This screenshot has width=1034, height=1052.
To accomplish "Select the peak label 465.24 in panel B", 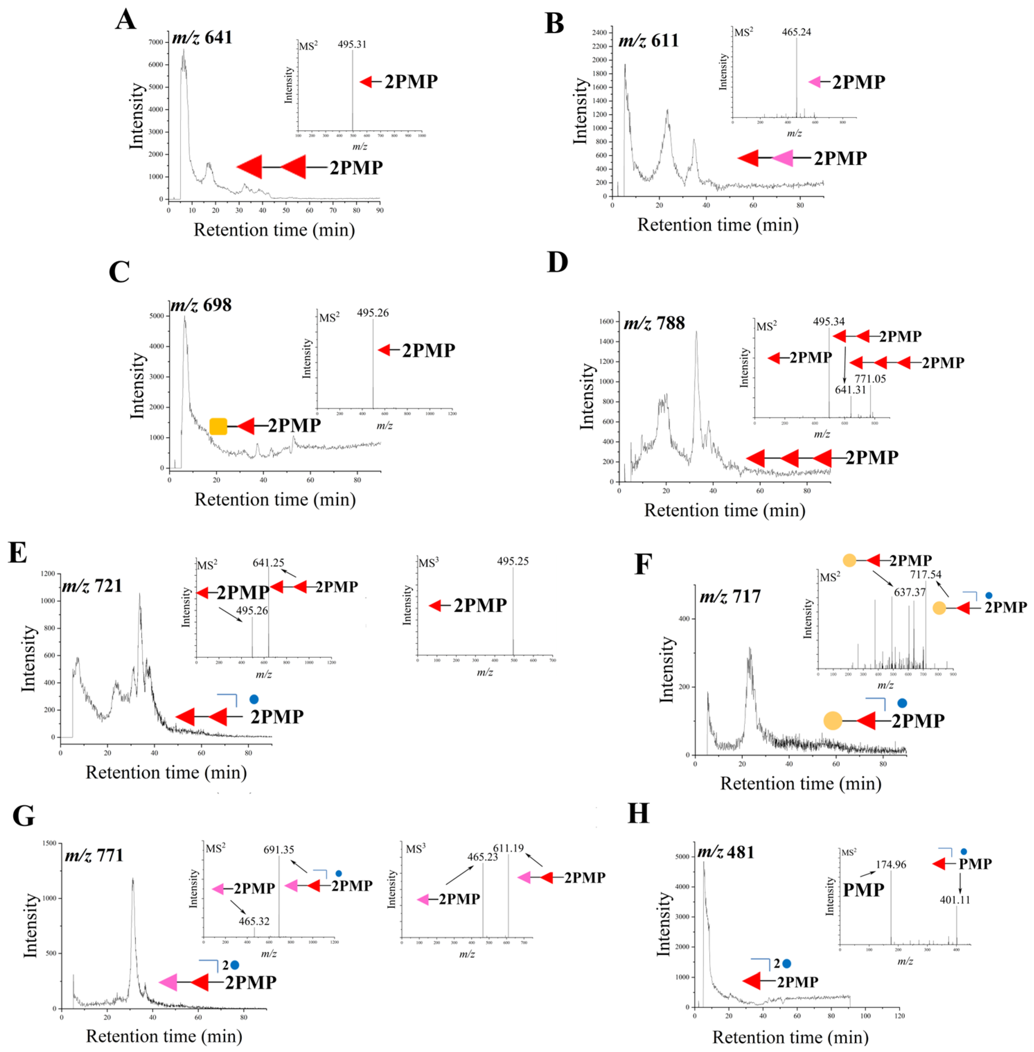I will (x=796, y=32).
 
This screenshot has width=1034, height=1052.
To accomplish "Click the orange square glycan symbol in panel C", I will (x=218, y=426).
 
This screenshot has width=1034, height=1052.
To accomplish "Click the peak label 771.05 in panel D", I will (x=870, y=379).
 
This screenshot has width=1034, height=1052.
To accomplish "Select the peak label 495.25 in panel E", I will (x=512, y=561).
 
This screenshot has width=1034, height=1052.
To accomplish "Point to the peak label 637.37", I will (x=910, y=592).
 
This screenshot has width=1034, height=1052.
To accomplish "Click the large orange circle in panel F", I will (x=832, y=721).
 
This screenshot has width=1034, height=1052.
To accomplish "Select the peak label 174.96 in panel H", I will (x=891, y=865).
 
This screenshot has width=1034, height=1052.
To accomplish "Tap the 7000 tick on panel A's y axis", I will (x=155, y=42).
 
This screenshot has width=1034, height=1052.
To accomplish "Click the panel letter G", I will (x=23, y=816).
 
